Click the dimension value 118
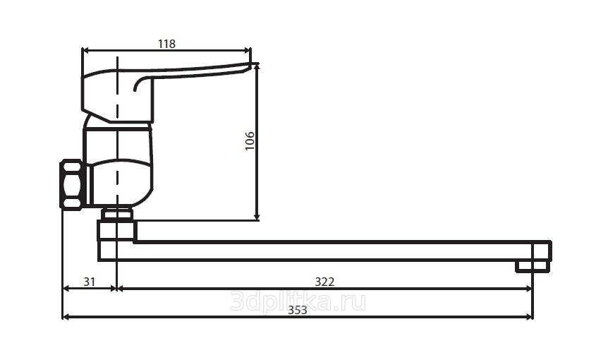click(167, 44)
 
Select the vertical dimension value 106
click(250, 140)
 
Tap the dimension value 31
click(90, 282)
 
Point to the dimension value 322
click(324, 282)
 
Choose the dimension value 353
click(297, 311)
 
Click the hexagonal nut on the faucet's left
click(72, 184)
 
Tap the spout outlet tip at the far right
click(533, 266)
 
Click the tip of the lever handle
click(255, 64)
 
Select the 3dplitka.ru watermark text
click(298, 302)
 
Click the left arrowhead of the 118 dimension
click(85, 50)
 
